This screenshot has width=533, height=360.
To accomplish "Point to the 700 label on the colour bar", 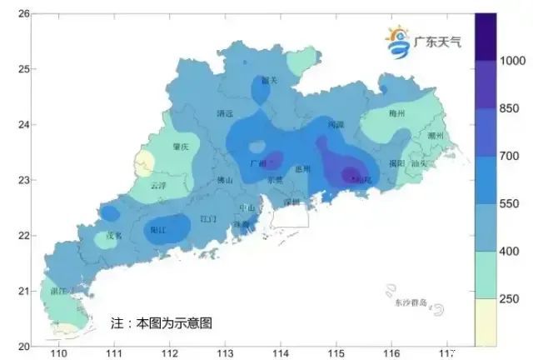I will [509, 156].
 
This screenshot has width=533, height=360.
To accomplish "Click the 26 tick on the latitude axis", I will [24, 14].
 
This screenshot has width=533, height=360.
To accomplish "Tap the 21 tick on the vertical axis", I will [24, 291].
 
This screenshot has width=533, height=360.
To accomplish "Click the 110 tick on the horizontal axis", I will [58, 354].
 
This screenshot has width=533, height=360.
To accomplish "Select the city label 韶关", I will [269, 81].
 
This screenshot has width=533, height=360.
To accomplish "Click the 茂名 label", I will [114, 236].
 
